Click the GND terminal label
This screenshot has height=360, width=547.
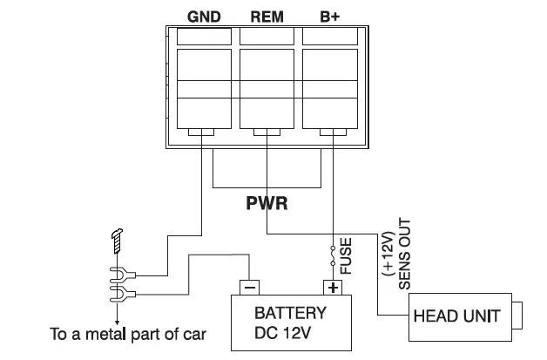[x=204, y=17]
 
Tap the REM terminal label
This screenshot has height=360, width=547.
[x=267, y=17]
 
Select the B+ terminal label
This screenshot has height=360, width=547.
[x=329, y=17]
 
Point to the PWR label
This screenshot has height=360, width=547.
[x=267, y=203]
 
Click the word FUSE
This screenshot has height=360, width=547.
[x=346, y=256]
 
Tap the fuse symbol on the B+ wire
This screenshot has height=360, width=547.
[x=333, y=256]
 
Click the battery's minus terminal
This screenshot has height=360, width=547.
[x=249, y=288]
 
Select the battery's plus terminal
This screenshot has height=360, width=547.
[x=333, y=288]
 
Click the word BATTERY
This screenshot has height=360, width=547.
[x=290, y=313]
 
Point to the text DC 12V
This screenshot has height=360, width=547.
[x=282, y=333]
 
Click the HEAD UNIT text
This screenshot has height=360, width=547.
[x=457, y=316]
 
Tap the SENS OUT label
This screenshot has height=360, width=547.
[x=405, y=254]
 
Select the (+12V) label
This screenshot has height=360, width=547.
[x=388, y=254]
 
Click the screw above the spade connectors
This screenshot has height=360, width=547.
[x=117, y=241]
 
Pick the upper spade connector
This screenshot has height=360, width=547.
[x=122, y=275]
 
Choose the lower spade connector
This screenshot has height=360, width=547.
[x=122, y=294]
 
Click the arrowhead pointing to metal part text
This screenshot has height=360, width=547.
[x=118, y=322]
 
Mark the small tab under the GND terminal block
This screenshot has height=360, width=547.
[x=201, y=132]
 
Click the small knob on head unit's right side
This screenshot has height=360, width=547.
[x=517, y=316]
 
